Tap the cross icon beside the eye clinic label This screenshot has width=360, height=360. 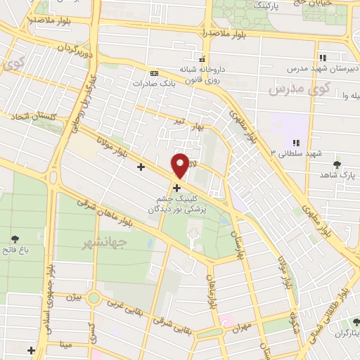click(x=176, y=188)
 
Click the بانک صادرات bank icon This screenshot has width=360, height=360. click(x=155, y=72)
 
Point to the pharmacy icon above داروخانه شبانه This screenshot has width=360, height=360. click(x=202, y=60)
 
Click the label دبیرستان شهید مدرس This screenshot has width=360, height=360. click(x=323, y=70)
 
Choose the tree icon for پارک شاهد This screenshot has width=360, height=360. click(x=337, y=165)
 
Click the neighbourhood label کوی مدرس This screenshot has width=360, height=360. click(x=299, y=89)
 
